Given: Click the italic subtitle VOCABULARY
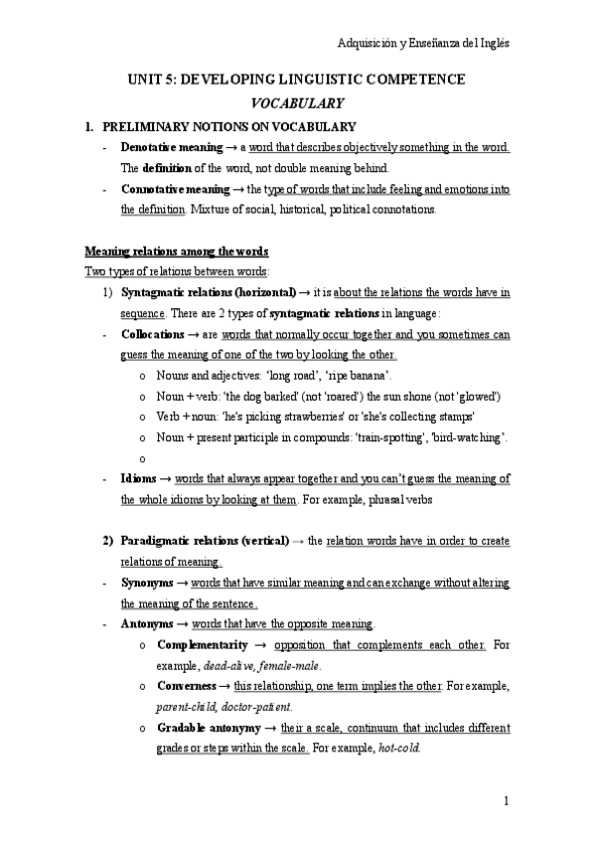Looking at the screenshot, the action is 297,102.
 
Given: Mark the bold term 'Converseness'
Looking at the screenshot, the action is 195,686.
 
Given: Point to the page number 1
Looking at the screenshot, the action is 506,801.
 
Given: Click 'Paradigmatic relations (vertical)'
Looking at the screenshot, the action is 205,540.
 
